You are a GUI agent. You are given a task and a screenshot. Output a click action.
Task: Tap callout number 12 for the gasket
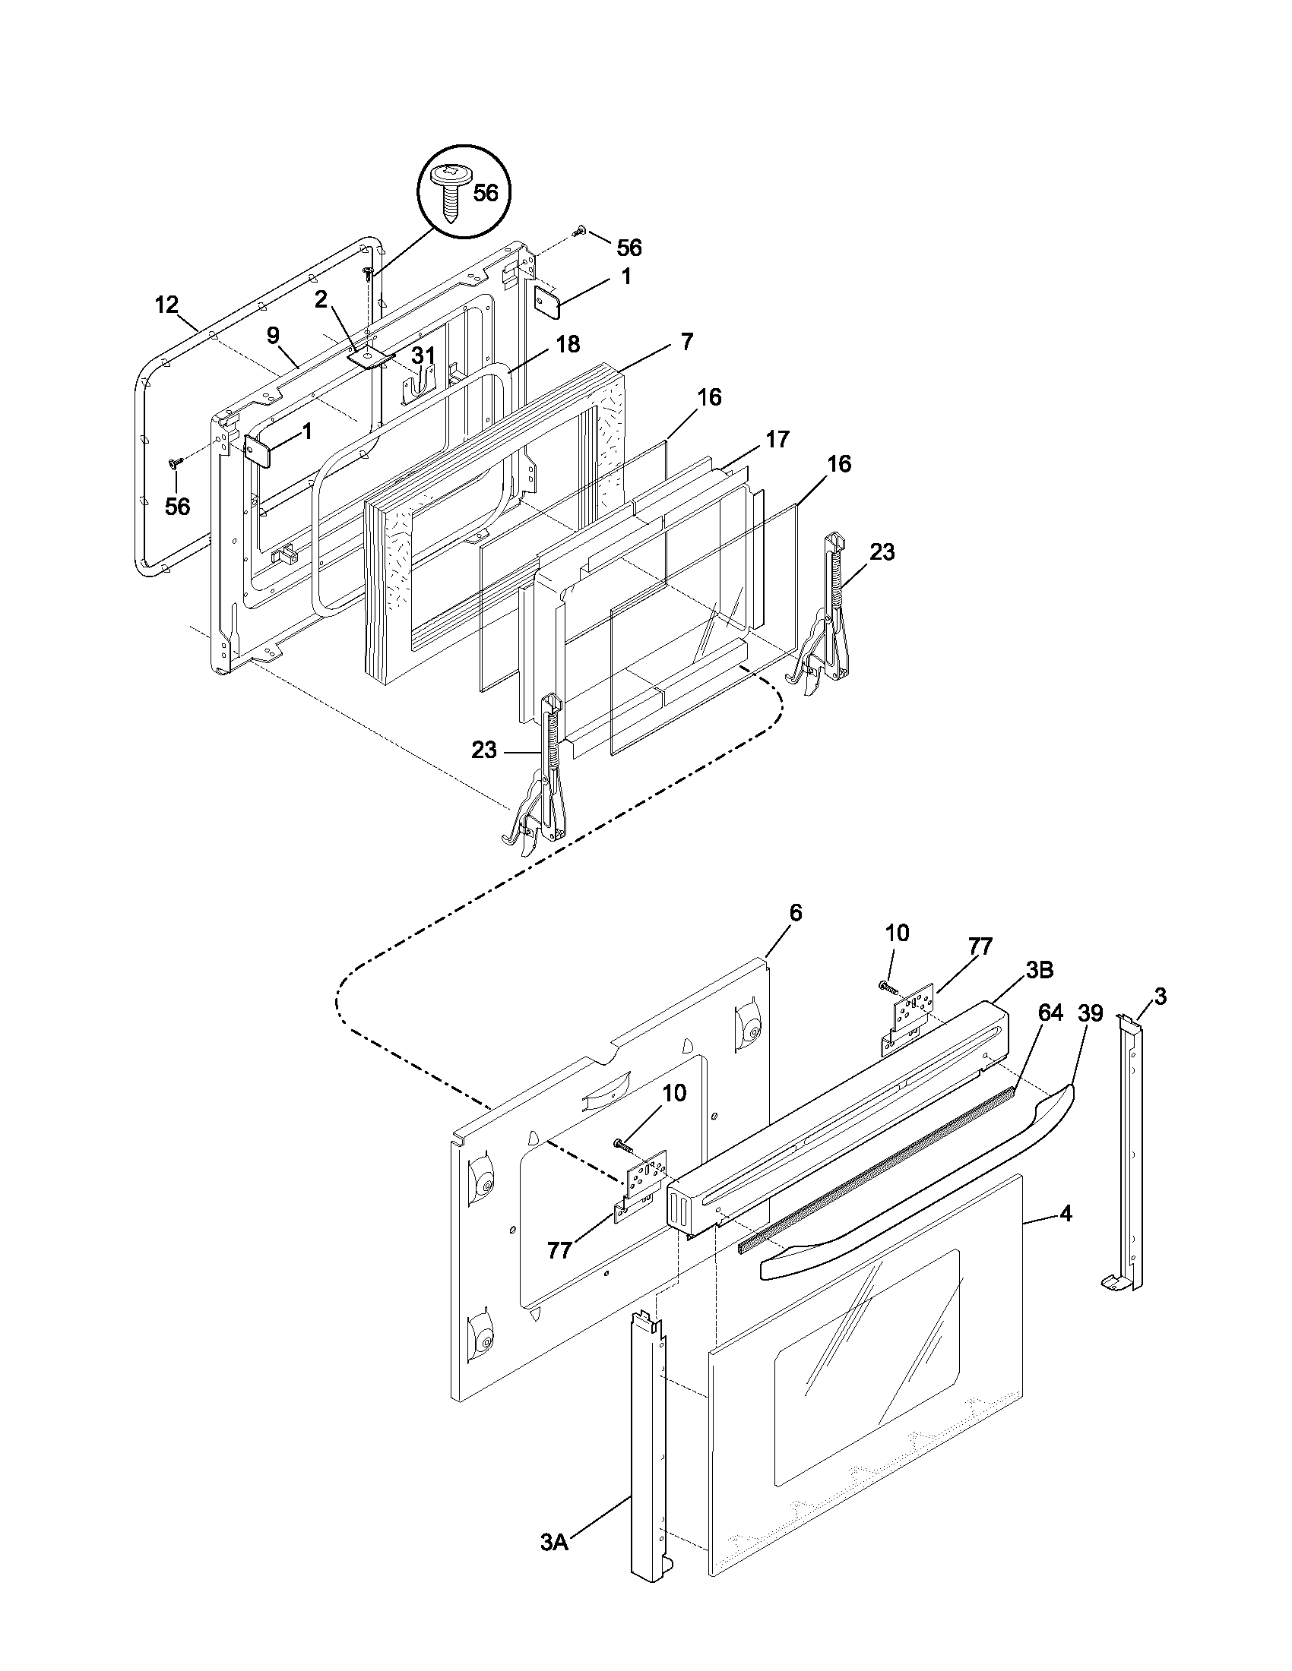click(x=166, y=305)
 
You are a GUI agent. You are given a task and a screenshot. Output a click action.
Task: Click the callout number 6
click(x=795, y=912)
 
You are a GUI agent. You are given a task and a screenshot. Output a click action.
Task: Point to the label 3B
click(x=1040, y=970)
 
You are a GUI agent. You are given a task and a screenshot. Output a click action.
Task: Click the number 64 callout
click(x=1050, y=1013)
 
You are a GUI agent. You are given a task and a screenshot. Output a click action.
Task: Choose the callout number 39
click(x=1090, y=1013)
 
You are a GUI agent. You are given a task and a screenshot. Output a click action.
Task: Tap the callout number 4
click(x=1066, y=1214)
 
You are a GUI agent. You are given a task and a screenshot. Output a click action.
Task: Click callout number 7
click(x=686, y=342)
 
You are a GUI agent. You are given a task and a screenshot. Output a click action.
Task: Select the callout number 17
click(x=777, y=439)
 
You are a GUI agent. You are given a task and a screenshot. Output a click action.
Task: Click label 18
click(x=567, y=343)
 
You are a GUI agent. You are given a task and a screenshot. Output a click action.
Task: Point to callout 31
click(x=423, y=355)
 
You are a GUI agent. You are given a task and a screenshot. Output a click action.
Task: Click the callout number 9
click(x=274, y=335)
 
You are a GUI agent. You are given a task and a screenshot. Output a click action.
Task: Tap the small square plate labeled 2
click(x=369, y=356)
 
